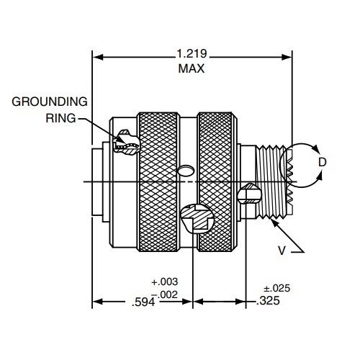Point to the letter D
pyautogui.click(x=322, y=163)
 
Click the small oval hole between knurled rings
pyautogui.click(x=184, y=171)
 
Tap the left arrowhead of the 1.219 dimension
pyautogui.click(x=97, y=55)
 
